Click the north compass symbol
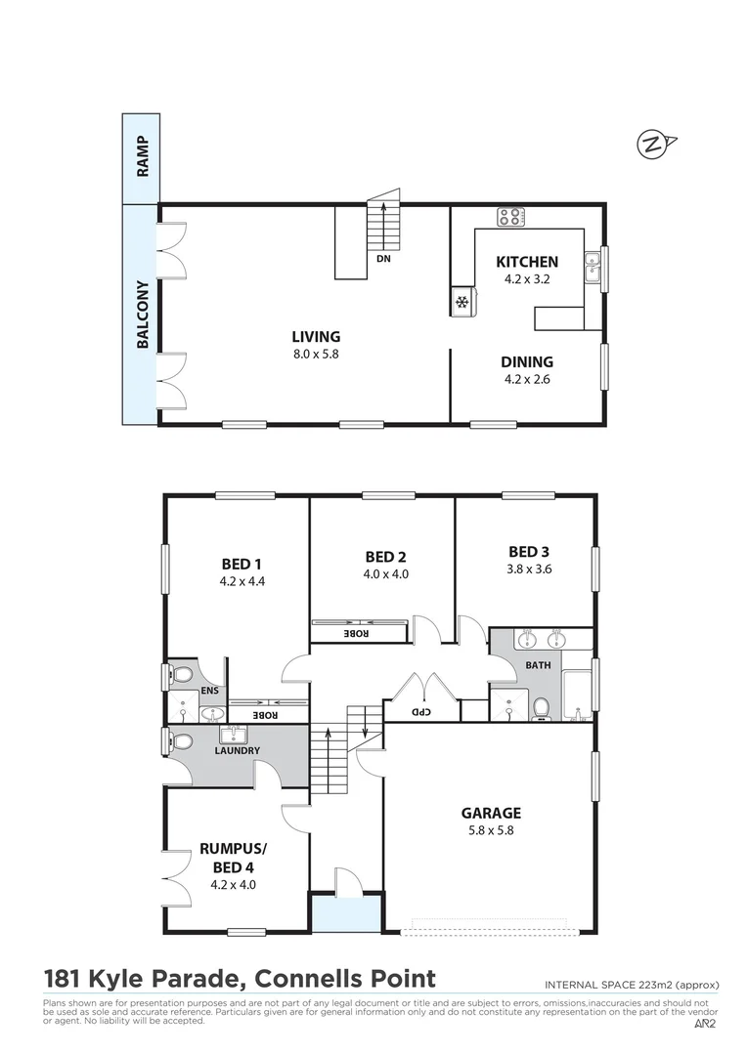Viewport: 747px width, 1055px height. pos(653,146)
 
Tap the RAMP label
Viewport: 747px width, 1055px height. pos(143,157)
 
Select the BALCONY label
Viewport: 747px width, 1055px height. pos(143,315)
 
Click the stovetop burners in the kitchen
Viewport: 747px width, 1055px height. pos(509,217)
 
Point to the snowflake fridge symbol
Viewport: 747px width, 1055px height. pos(461,304)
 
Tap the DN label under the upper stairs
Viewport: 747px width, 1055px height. pos(383,260)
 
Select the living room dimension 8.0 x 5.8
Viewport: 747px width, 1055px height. pos(314,355)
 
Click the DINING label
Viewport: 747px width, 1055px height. pos(526,361)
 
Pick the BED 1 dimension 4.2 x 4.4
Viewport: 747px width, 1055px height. pos(242,581)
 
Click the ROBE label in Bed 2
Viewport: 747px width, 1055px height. pos(357,633)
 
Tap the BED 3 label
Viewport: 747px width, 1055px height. pos(529,551)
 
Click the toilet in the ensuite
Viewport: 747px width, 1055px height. pos(181,675)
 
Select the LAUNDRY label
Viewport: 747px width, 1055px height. pos(238,750)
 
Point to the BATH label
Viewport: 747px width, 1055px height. pos(538,665)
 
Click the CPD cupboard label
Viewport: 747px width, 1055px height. pos(420,711)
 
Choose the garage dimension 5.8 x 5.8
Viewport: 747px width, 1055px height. pos(490,831)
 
